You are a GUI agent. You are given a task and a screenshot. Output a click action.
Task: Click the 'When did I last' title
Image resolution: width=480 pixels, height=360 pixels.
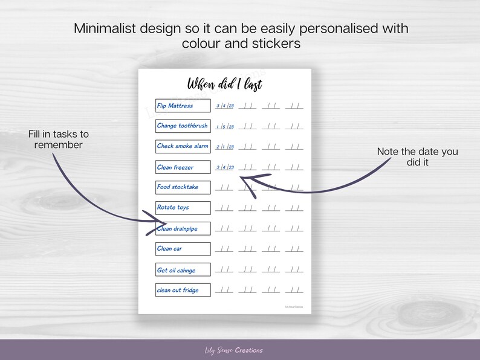coord(224,83)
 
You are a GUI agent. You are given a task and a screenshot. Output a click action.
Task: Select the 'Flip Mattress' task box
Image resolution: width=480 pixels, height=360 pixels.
coord(183,106)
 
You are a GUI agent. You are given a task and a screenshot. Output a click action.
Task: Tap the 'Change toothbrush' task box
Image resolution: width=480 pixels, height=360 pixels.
coord(183,126)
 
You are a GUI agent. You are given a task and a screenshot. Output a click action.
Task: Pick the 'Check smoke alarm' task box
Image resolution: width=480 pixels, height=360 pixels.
coord(183,146)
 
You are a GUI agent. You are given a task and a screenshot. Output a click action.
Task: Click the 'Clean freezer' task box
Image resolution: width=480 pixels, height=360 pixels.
coord(183,167)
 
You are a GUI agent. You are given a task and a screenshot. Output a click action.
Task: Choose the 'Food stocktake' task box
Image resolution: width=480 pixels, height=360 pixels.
coord(183,187)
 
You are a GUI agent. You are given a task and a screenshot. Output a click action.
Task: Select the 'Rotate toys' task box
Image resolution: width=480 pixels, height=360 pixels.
coord(183,208)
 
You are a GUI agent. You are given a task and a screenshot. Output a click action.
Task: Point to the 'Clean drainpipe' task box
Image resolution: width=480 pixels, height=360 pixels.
coord(183,228)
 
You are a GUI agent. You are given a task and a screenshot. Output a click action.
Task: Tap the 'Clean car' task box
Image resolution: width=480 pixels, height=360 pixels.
coord(183,249)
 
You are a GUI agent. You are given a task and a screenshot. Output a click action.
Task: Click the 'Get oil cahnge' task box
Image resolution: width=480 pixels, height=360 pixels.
coord(183,270)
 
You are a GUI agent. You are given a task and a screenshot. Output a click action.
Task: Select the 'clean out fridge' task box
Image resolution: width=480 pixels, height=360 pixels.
coord(183,290)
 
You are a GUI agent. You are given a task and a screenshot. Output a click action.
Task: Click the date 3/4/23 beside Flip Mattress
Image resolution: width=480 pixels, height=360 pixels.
coord(225,106)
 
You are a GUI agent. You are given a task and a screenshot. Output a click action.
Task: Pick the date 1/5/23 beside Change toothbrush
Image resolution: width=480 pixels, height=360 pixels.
coord(225,127)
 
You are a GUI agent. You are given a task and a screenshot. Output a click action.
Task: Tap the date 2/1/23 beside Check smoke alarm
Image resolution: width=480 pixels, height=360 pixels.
coord(225,147)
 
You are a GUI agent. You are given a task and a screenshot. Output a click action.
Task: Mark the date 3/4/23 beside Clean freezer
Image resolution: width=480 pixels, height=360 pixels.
coord(225,167)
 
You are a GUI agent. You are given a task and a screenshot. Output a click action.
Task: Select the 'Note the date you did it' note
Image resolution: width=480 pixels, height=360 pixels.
coord(418,156)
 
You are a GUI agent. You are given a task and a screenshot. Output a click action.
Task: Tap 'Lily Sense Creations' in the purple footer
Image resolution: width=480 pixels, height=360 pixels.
coord(233,350)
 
